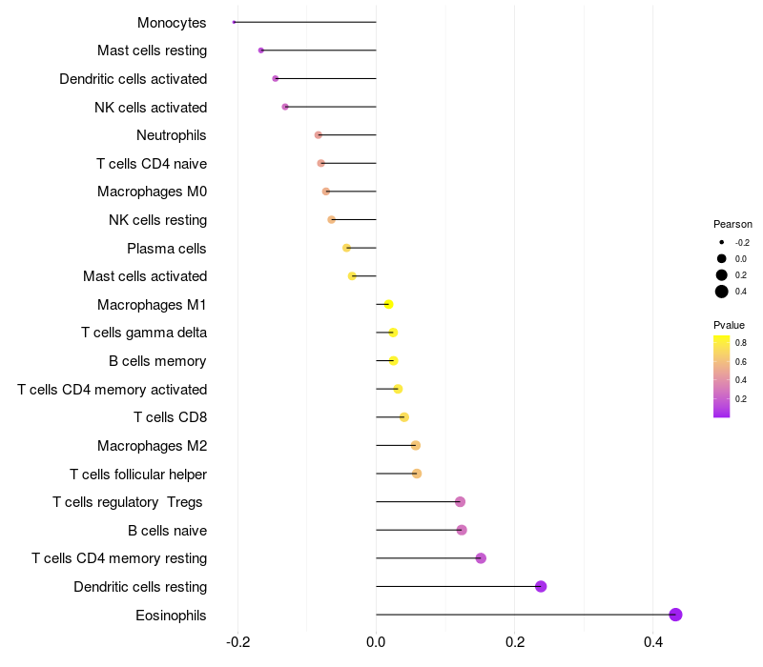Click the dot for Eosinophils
[x=675, y=615]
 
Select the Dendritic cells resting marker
[x=541, y=586]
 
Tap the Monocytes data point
[x=234, y=22]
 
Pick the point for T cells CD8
[x=403, y=417]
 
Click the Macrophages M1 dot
[x=388, y=304]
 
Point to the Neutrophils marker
[x=318, y=135]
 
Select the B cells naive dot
[x=462, y=530]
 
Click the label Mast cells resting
[x=152, y=51]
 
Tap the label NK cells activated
[x=151, y=107]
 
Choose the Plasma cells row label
[x=167, y=249]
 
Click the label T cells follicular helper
[x=138, y=474]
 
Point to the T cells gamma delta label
[x=144, y=333]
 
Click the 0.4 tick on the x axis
[x=652, y=642]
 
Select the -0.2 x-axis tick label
[x=238, y=642]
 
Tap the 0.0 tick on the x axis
[x=377, y=642]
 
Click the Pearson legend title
[x=732, y=224]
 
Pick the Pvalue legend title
[x=730, y=325]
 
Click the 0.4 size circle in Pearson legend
[x=722, y=292]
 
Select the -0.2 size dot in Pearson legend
[x=722, y=242]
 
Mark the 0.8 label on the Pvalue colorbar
[x=740, y=342]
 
